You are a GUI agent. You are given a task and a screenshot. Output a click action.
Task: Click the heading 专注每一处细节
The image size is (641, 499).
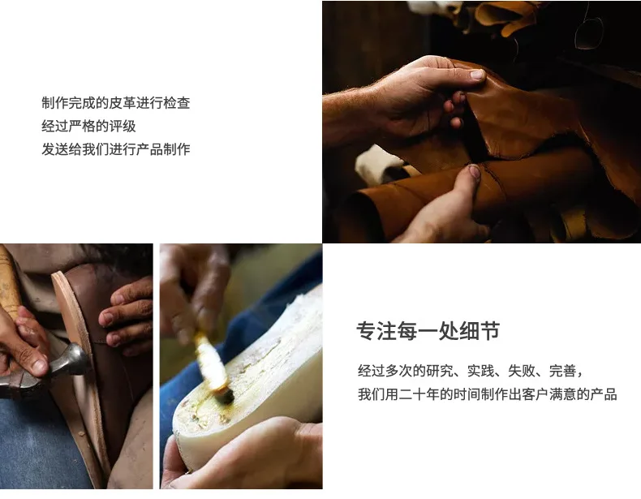pyautogui.click(x=428, y=330)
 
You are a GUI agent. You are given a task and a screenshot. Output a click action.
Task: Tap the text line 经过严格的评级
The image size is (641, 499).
pyautogui.click(x=88, y=126)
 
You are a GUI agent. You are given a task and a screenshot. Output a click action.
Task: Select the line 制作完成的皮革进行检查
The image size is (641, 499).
pyautogui.click(x=116, y=102)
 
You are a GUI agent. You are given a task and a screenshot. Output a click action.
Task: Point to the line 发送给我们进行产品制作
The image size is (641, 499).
pyautogui.click(x=116, y=149)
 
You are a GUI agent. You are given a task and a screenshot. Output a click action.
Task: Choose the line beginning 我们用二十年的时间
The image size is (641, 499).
pyautogui.click(x=488, y=394)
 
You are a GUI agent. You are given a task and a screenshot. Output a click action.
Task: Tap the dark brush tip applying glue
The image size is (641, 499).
pyautogui.click(x=225, y=396)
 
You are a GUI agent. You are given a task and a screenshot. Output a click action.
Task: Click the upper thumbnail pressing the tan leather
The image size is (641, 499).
pyautogui.click(x=477, y=75)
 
